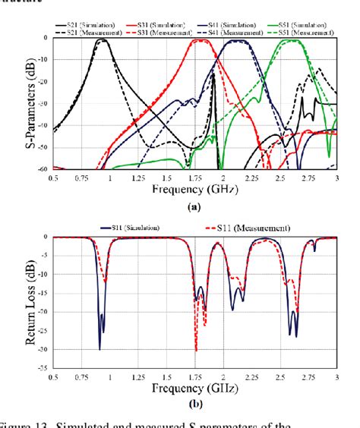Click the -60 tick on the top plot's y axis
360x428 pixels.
coord(40,170)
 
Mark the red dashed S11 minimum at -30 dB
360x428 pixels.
coord(196,350)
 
